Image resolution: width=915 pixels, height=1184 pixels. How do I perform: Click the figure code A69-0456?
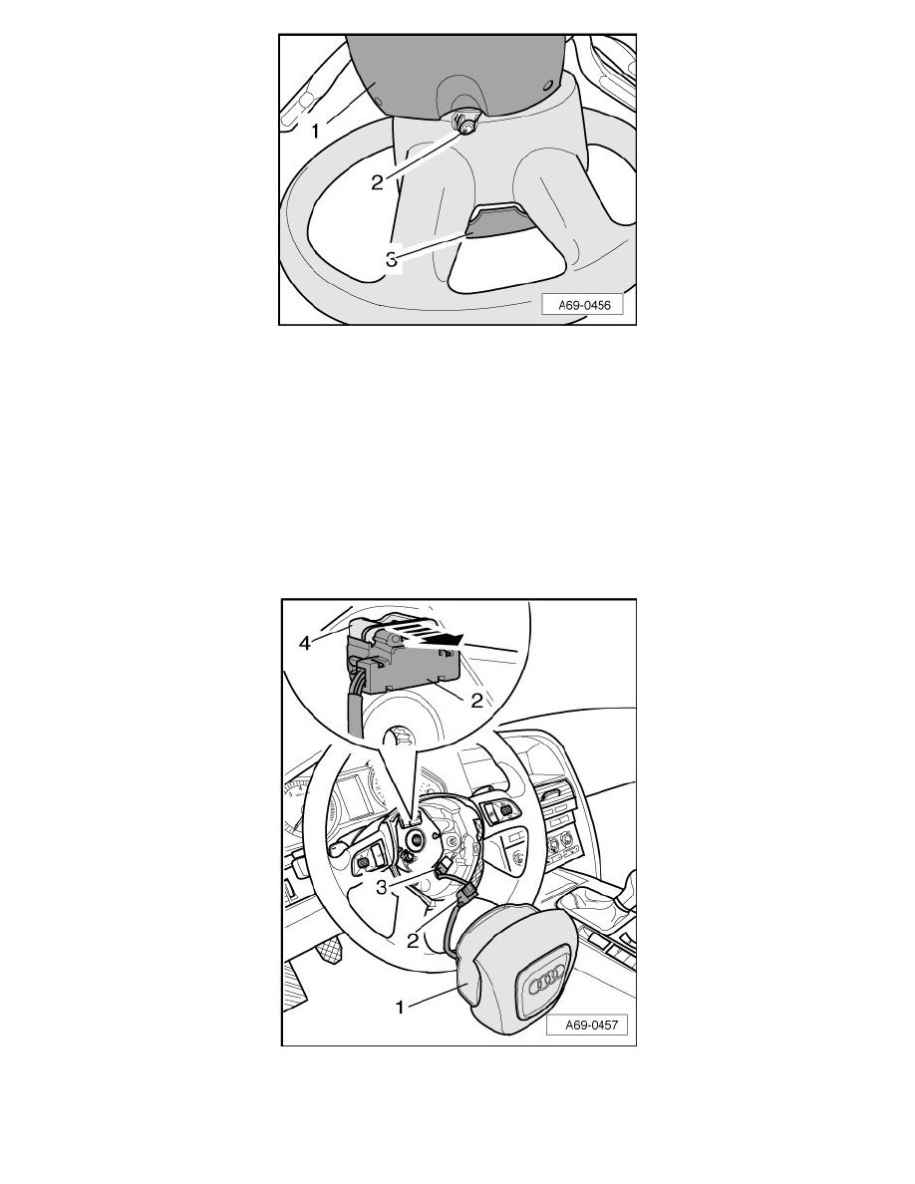pyautogui.click(x=583, y=305)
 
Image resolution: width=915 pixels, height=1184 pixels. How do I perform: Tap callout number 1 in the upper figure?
pyautogui.click(x=316, y=131)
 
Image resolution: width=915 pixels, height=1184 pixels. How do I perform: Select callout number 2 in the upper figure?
pyautogui.click(x=378, y=182)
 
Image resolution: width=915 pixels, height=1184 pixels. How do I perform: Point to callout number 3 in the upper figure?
pyautogui.click(x=391, y=259)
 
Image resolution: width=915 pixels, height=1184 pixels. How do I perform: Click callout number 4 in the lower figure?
pyautogui.click(x=305, y=644)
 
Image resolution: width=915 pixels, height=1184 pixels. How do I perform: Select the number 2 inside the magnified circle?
pyautogui.click(x=476, y=700)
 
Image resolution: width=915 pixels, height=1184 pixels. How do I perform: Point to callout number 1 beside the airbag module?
pyautogui.click(x=401, y=1007)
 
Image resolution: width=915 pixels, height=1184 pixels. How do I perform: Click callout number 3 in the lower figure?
pyautogui.click(x=381, y=887)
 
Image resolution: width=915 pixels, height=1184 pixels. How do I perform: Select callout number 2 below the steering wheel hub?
pyautogui.click(x=413, y=941)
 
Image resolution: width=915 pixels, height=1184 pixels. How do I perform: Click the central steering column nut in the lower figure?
pyautogui.click(x=415, y=837)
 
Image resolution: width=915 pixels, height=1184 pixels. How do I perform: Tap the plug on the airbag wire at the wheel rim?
pyautogui.click(x=464, y=896)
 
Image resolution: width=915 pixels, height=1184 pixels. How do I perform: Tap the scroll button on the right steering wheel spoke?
pyautogui.click(x=505, y=810)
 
